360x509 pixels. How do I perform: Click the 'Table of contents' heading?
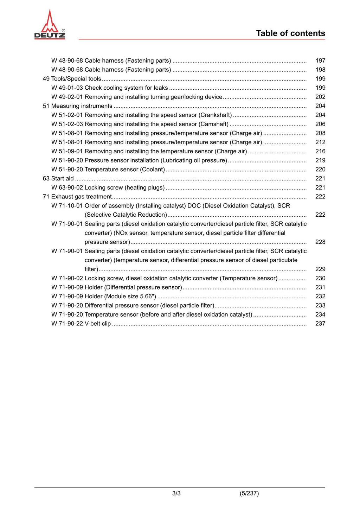[x=290, y=33]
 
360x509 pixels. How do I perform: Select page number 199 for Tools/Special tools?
[x=320, y=79]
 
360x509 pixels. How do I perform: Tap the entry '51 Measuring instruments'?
[x=77, y=106]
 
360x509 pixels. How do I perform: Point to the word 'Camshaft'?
[x=213, y=124]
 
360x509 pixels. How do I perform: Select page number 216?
[x=320, y=151]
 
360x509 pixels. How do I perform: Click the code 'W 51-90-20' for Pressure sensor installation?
[x=67, y=160]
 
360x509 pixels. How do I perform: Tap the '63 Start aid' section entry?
[x=58, y=179]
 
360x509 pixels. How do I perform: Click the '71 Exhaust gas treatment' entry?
[x=77, y=197]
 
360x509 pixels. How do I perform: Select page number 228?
[x=320, y=242]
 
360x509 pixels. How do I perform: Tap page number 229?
[x=320, y=269]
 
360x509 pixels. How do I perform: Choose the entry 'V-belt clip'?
[x=97, y=324]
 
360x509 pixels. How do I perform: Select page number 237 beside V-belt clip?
[x=320, y=324]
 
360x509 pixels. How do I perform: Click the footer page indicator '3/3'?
[x=176, y=494]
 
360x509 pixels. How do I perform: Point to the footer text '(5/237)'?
[x=249, y=494]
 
